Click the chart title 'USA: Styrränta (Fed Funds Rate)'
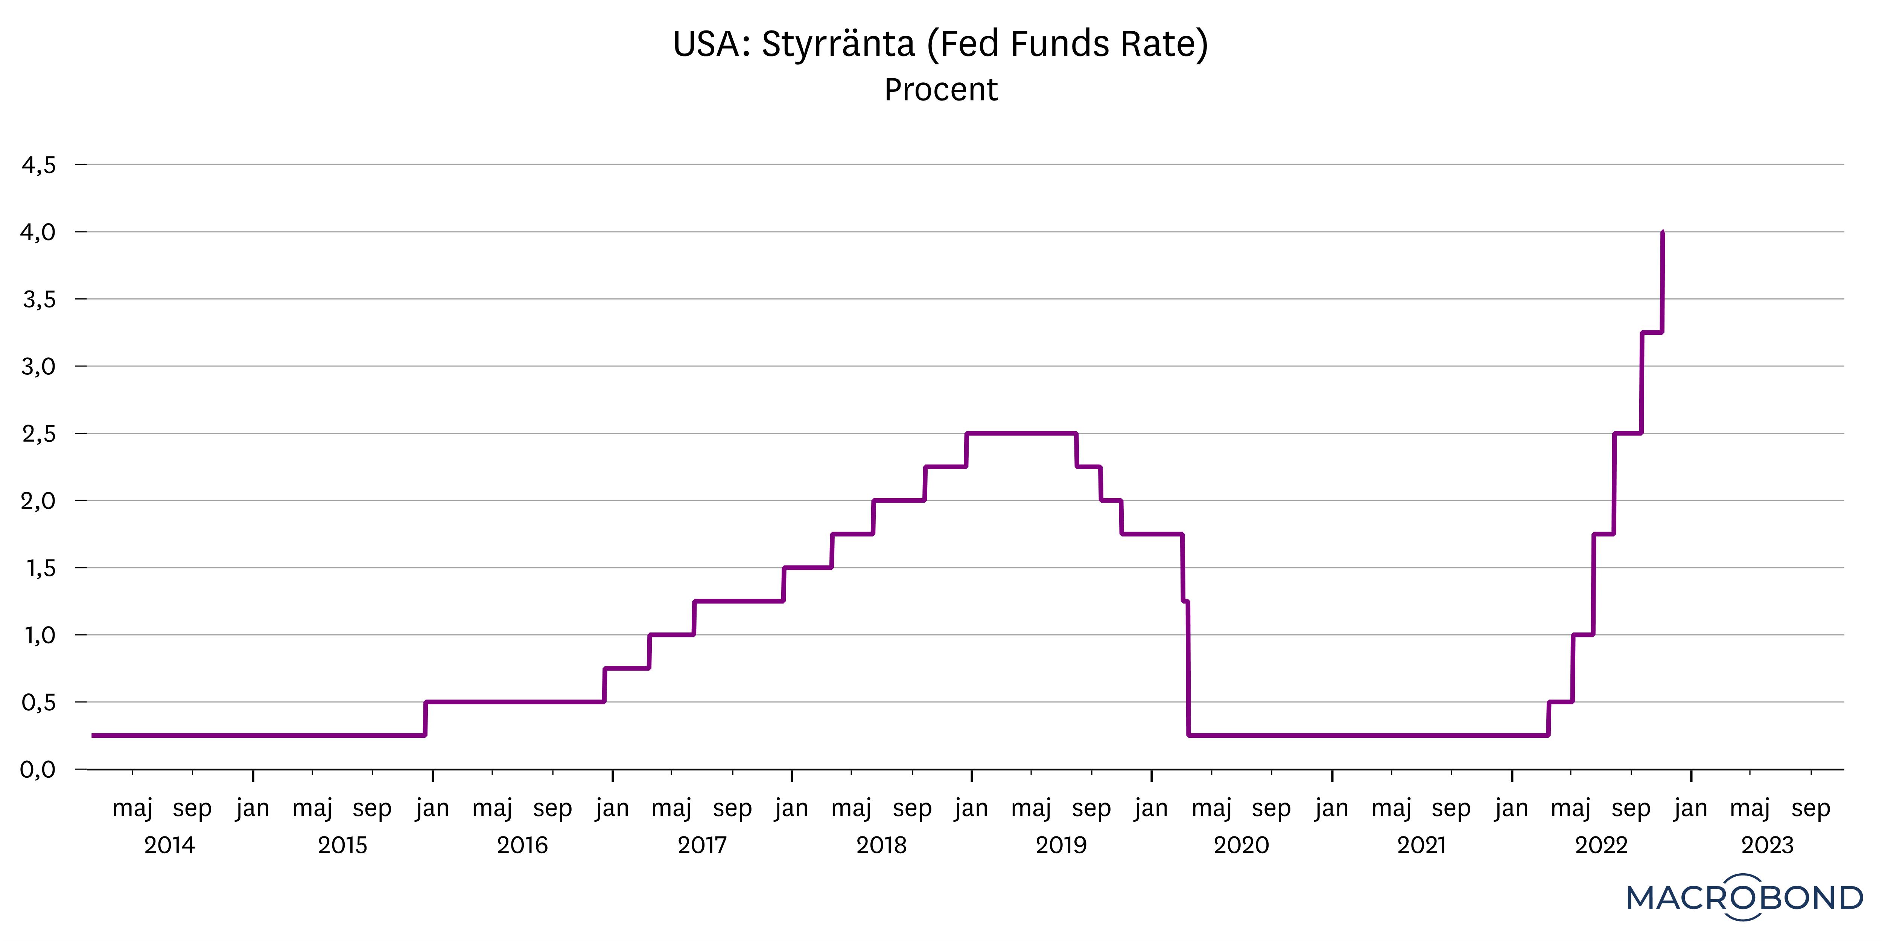coord(940,44)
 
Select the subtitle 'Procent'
coord(940,90)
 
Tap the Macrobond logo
coord(1745,897)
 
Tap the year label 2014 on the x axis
coord(169,845)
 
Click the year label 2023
coord(1767,845)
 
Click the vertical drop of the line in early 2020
coord(1188,672)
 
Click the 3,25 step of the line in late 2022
coord(1652,333)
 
